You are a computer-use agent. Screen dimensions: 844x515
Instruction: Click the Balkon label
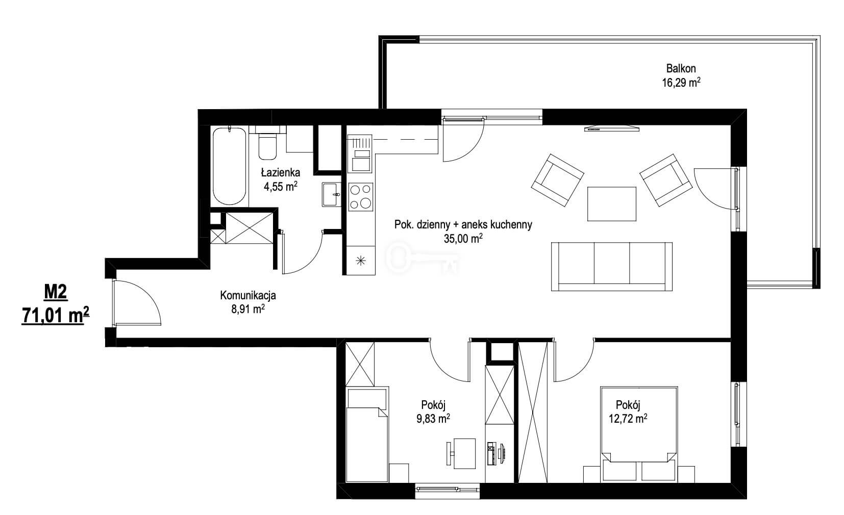click(x=681, y=68)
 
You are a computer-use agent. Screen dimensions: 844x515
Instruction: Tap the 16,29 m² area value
click(x=681, y=83)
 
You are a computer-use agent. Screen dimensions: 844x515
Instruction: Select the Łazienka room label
click(x=281, y=172)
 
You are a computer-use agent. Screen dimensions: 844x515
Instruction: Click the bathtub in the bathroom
click(x=230, y=166)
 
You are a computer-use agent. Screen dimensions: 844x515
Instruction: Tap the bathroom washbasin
click(x=331, y=194)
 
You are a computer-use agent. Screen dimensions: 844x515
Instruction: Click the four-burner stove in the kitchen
click(x=361, y=196)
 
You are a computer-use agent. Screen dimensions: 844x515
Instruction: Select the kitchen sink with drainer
click(x=360, y=153)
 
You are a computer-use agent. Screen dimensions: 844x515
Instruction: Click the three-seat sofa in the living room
click(x=611, y=267)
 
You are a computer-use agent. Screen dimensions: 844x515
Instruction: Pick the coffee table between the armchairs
click(x=612, y=203)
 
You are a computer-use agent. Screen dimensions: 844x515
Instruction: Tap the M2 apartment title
click(x=56, y=293)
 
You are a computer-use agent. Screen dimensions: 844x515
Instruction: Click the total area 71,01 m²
click(x=56, y=316)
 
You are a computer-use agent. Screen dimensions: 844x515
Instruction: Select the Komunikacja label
click(x=248, y=296)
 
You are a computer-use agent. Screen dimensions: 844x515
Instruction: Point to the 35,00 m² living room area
click(x=463, y=239)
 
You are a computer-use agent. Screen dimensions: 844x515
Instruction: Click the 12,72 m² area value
click(x=628, y=419)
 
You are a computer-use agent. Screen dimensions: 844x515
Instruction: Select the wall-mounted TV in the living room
click(x=612, y=128)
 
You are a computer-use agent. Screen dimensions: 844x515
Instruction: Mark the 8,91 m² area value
click(x=248, y=310)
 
